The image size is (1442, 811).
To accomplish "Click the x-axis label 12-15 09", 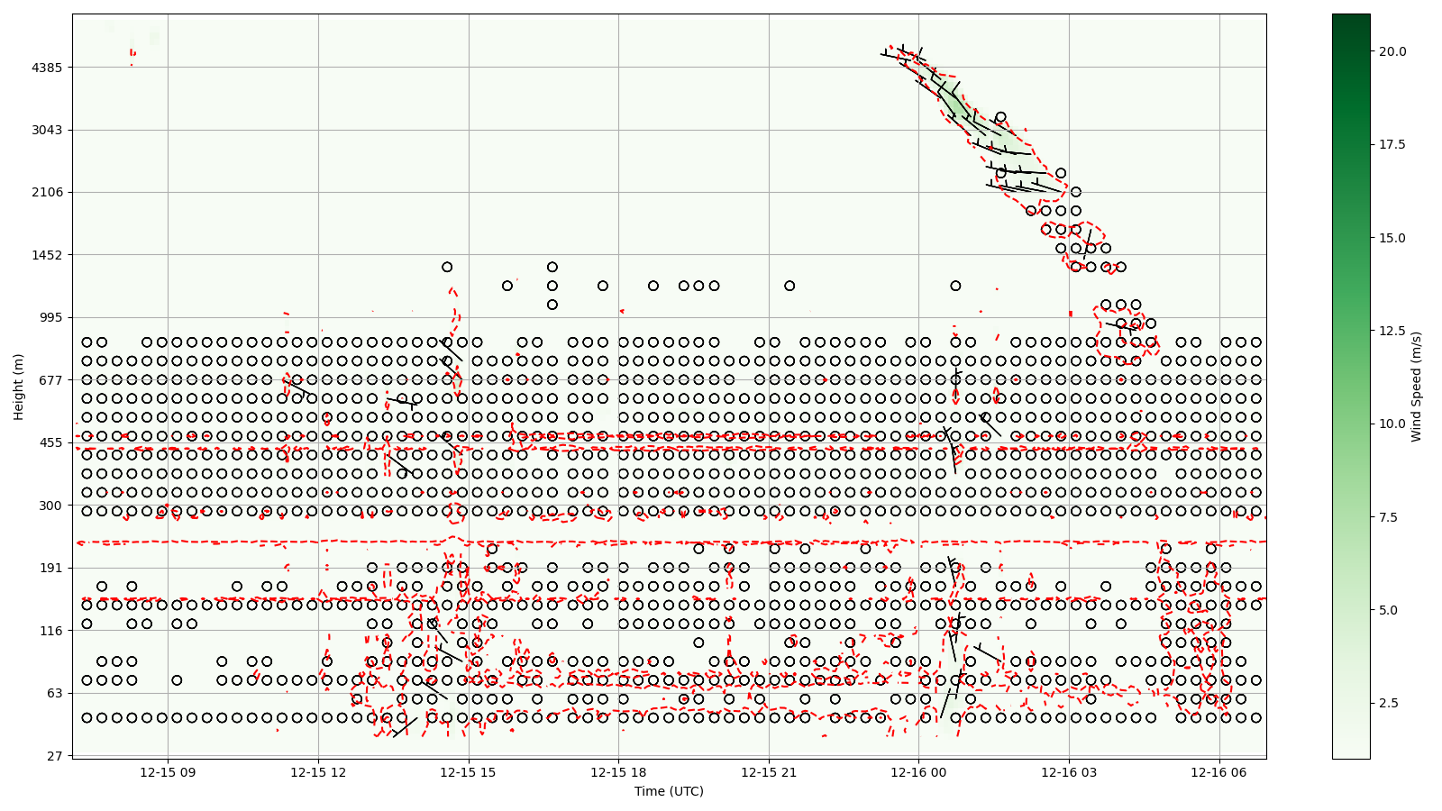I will coord(168,772).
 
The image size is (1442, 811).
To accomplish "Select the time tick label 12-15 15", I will coord(468,772).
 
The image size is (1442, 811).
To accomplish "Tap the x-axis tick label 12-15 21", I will coord(769,772).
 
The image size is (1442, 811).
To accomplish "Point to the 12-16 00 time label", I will coord(918,772).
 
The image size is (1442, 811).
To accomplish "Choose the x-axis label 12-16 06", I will coord(1219,772).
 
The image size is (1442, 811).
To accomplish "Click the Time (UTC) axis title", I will coord(669,791).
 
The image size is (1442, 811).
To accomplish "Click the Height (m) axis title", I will coord(18,386).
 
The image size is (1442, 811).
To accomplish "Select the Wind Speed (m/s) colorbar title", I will coord(1416,386).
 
